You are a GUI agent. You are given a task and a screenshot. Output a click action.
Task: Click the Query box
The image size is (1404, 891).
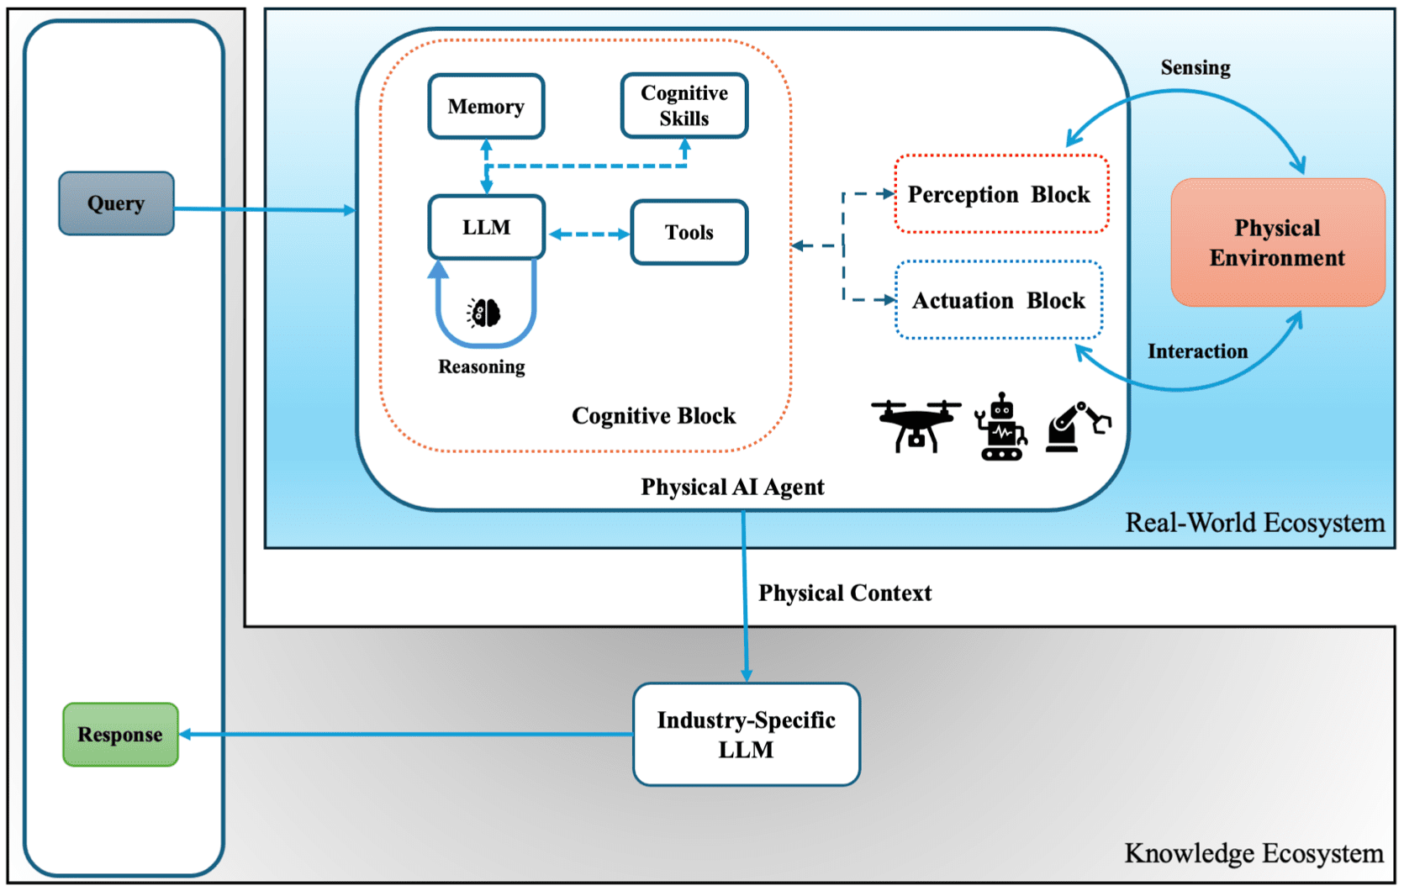point(116,203)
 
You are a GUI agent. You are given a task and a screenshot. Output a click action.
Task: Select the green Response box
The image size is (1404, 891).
point(120,735)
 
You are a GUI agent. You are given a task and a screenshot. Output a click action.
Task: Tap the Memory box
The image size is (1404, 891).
point(486,107)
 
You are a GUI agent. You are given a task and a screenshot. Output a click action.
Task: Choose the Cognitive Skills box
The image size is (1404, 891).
point(684,106)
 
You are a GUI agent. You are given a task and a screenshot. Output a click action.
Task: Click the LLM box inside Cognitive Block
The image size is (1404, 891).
point(486,227)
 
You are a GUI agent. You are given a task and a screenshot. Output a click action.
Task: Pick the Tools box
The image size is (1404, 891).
point(689,233)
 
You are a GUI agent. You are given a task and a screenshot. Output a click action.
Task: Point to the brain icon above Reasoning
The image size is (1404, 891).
point(484,313)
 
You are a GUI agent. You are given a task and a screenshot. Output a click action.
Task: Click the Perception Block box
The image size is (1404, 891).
point(1000,194)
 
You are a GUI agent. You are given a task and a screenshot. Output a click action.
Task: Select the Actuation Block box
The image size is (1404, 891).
point(999,300)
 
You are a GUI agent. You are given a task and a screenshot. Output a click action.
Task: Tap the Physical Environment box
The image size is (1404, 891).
point(1277,243)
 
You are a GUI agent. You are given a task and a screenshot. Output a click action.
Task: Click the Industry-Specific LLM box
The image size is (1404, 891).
point(746,735)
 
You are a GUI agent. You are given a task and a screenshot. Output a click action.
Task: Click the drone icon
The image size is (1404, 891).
point(916,425)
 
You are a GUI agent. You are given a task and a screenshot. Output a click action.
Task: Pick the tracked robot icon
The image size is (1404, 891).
point(1000,427)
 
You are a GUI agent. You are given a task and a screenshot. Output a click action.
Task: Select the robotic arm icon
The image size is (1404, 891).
point(1077,427)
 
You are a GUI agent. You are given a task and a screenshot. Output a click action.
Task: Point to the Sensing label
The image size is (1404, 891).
point(1196,68)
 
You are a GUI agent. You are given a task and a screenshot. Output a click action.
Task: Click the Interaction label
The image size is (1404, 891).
point(1197,351)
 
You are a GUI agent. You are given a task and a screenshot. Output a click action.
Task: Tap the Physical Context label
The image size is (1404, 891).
point(845,593)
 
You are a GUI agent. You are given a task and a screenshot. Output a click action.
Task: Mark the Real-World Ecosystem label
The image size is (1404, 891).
point(1254,523)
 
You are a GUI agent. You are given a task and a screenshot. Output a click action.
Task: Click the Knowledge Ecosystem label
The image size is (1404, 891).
point(1254,853)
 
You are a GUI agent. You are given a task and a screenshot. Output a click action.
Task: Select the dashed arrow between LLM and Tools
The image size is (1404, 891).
point(589,235)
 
